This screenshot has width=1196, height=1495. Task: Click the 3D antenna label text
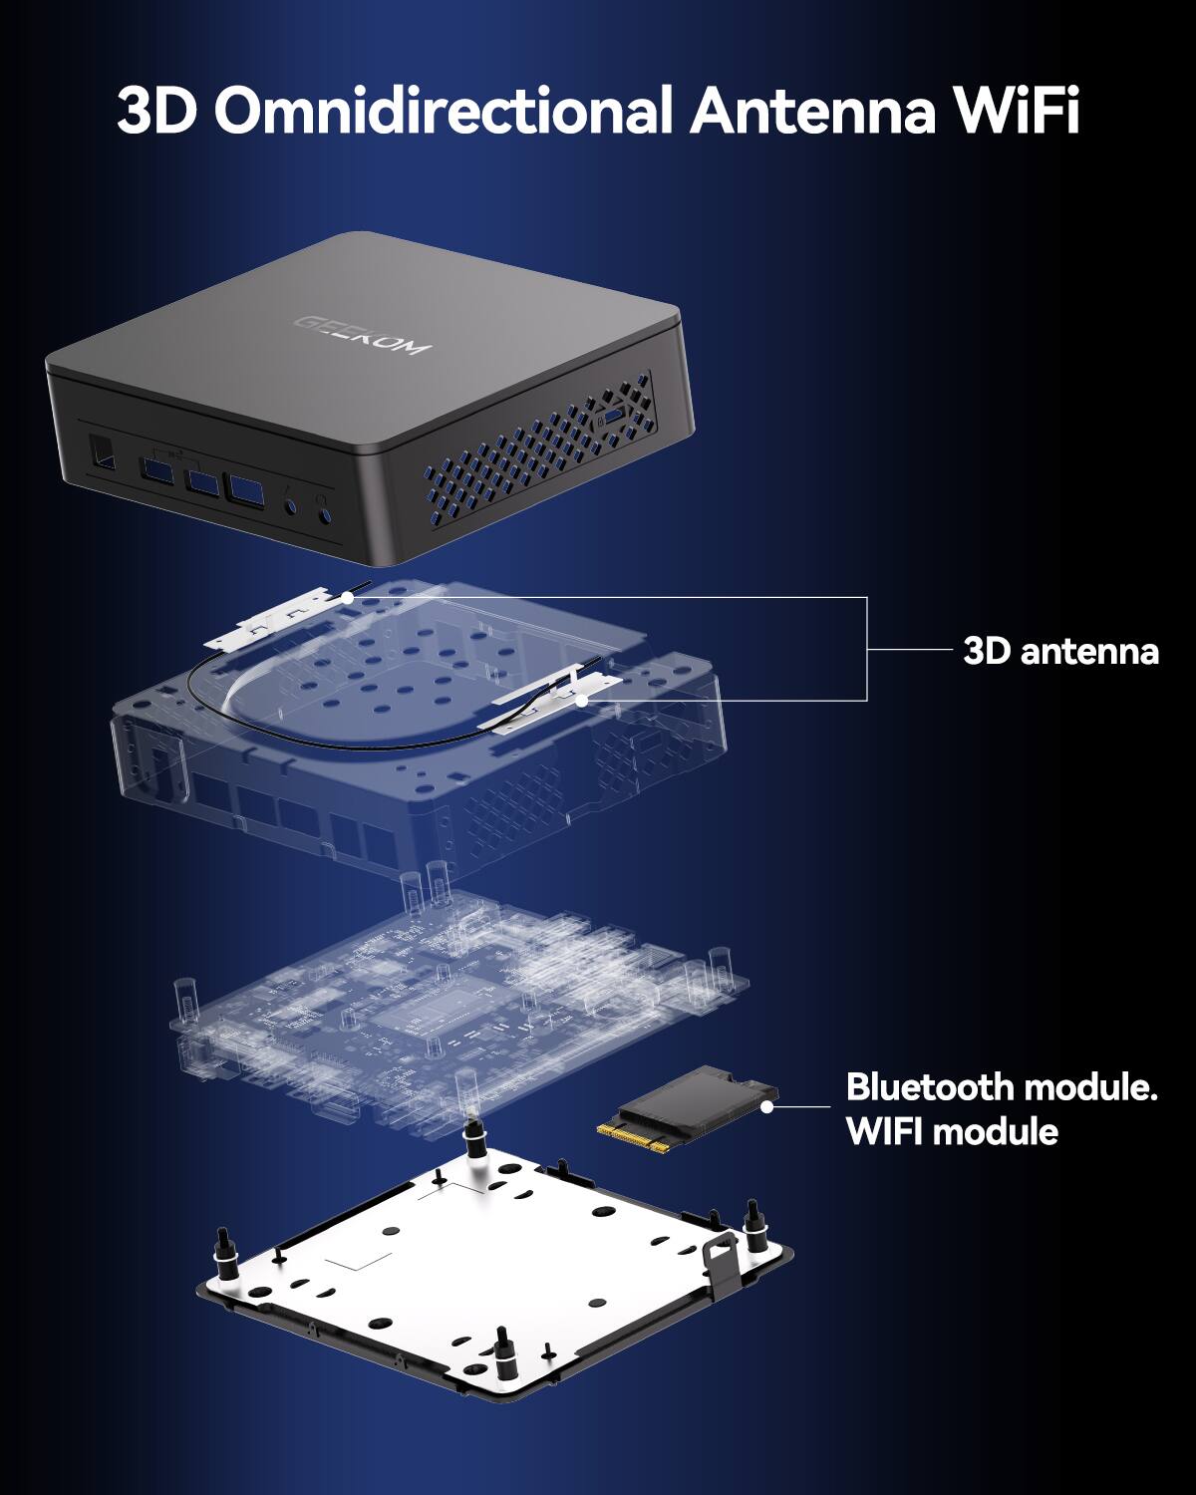point(1060,651)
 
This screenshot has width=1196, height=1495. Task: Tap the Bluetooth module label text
point(1001,1086)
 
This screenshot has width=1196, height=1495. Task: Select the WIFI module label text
point(952,1131)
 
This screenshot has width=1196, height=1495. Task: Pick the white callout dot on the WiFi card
point(766,1105)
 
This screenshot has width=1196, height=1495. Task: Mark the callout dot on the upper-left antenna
point(346,598)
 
